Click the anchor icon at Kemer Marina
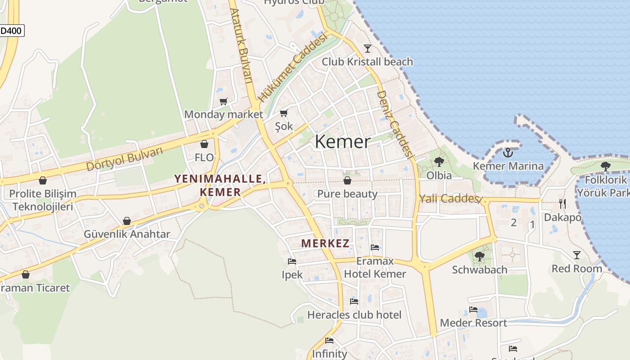click(x=508, y=153)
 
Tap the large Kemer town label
click(x=343, y=142)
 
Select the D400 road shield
click(x=11, y=31)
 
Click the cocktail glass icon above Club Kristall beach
click(x=368, y=48)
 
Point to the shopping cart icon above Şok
click(x=284, y=113)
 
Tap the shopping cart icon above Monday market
click(x=223, y=101)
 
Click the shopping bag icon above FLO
click(x=204, y=144)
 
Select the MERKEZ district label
click(x=325, y=243)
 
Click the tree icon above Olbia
click(x=439, y=162)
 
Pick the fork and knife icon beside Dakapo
click(x=562, y=204)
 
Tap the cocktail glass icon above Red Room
click(x=576, y=255)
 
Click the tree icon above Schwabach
click(x=480, y=256)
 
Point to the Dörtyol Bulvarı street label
click(x=124, y=159)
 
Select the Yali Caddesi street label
click(x=449, y=198)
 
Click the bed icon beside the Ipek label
click(x=292, y=261)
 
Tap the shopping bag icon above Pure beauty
click(x=347, y=180)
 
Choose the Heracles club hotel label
click(x=354, y=315)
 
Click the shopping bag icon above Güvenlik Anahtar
click(x=127, y=221)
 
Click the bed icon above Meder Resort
click(x=473, y=310)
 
